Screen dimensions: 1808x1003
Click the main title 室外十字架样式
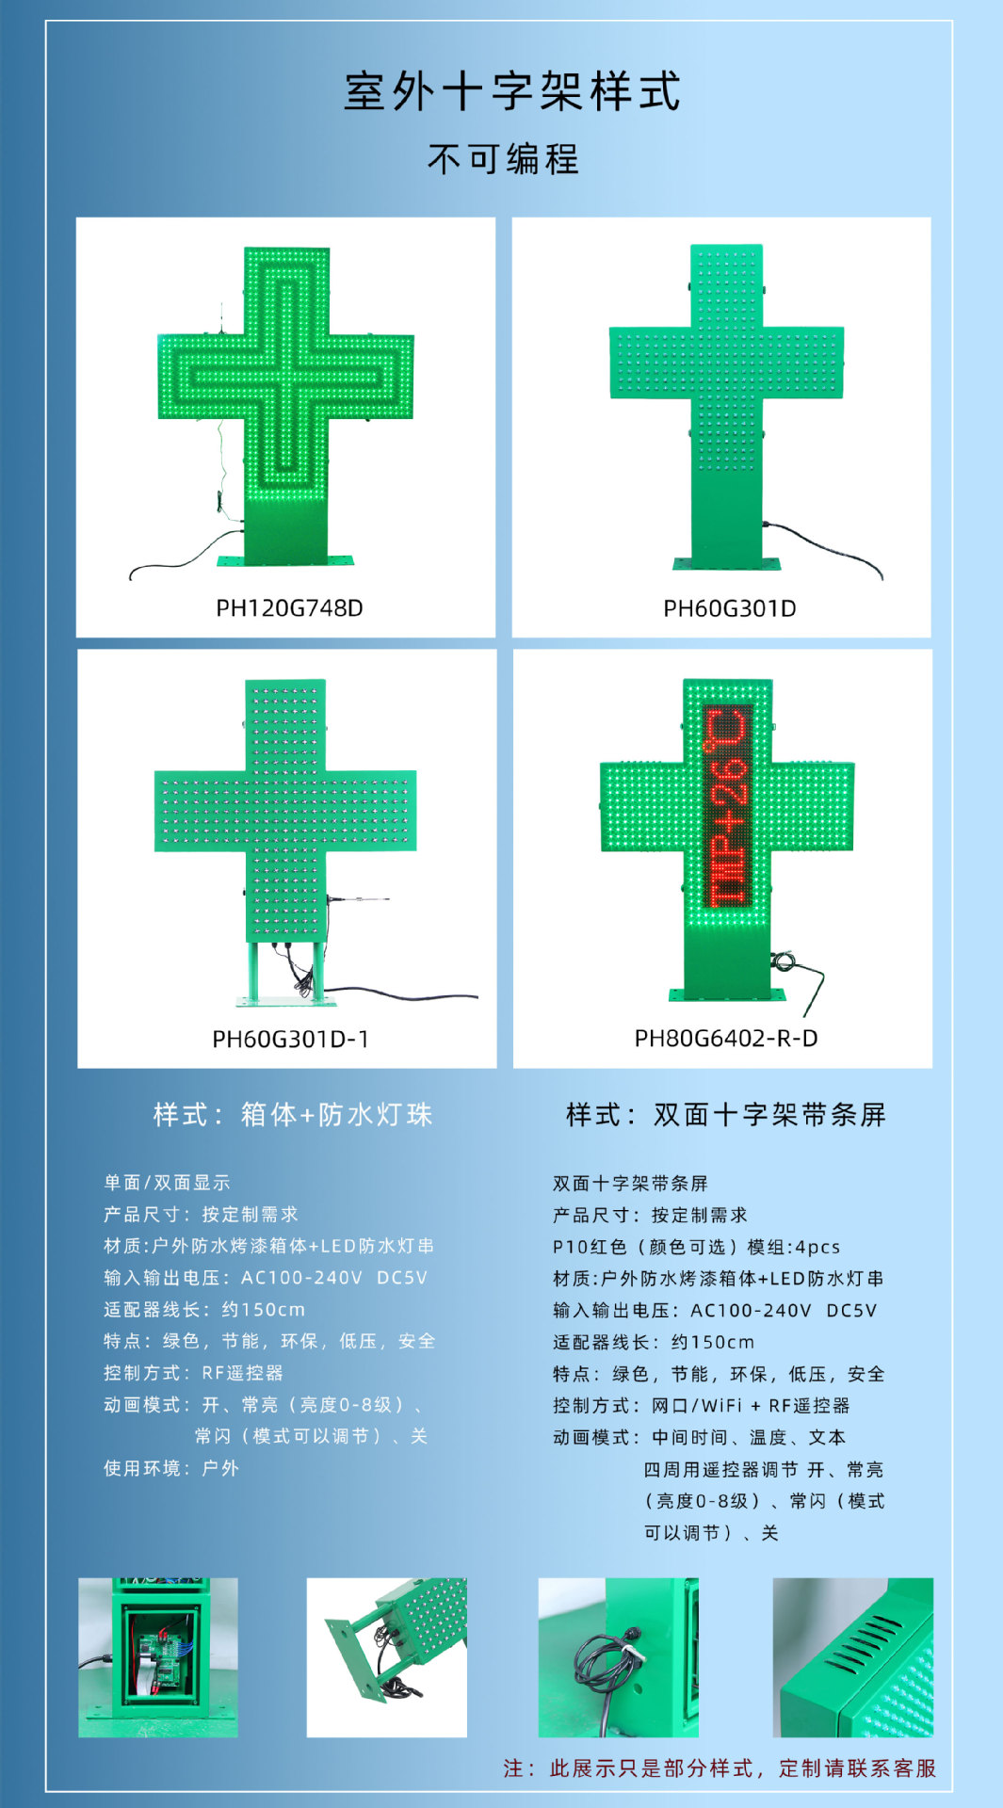511,92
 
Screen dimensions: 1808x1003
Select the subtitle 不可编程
503,159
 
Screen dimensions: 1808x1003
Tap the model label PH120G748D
289,608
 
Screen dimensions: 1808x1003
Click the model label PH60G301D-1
290,1040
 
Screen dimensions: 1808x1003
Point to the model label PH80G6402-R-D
725,1039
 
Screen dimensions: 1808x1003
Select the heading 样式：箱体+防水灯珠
292,1115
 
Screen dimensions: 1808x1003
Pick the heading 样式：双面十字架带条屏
725,1115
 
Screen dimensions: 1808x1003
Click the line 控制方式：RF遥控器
193,1373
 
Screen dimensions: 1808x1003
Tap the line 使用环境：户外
170,1468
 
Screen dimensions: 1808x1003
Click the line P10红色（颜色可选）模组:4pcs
696,1247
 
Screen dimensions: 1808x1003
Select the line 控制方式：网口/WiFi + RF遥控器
701,1406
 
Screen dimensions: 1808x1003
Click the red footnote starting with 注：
720,1768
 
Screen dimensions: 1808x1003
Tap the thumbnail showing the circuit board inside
157,1658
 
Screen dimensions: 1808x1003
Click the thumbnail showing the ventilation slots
852,1658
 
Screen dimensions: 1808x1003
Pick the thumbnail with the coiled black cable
618,1658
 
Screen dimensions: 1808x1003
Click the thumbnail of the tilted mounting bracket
386,1658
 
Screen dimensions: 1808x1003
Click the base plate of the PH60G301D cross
726,564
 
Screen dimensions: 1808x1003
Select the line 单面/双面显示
167,1183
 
